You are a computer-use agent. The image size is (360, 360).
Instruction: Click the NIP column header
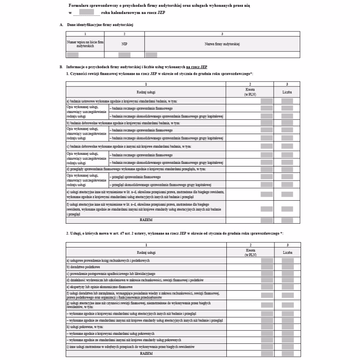click(x=124, y=44)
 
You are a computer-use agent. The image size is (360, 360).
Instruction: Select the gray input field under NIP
click(x=124, y=55)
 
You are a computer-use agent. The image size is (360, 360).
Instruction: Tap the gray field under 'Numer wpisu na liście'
click(x=72, y=55)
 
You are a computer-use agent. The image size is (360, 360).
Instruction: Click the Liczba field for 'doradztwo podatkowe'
click(x=287, y=267)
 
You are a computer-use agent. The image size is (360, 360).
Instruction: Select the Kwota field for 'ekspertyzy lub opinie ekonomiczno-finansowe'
click(x=267, y=287)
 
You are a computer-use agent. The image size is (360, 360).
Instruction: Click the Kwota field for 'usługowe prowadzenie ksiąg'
click(x=267, y=261)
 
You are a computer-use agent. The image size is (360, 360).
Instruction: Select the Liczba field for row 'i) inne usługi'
click(x=287, y=348)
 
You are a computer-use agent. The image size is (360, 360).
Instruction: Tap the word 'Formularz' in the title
click(x=80, y=4)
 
